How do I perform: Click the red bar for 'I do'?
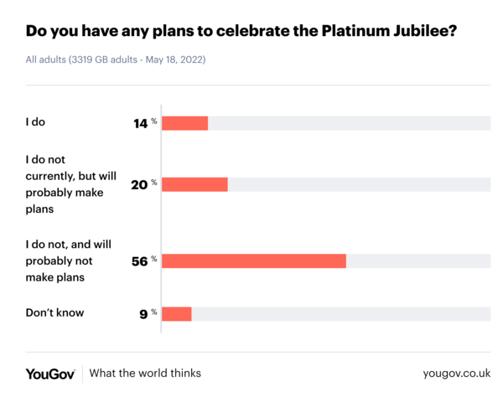point(184,123)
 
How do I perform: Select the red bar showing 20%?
point(194,184)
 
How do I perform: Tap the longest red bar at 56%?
point(253,260)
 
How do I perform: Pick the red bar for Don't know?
point(176,314)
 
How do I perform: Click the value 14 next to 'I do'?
point(140,124)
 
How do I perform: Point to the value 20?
point(139,184)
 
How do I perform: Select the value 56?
point(139,261)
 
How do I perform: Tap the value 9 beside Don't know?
point(143,314)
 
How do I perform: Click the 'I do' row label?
point(35,122)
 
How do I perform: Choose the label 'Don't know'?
point(55,313)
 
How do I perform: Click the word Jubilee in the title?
point(427,33)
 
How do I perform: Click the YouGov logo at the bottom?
point(50,374)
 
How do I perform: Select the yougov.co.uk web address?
point(457,374)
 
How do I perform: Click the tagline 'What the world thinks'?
point(145,374)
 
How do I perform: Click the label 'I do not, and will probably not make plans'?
point(67,260)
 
